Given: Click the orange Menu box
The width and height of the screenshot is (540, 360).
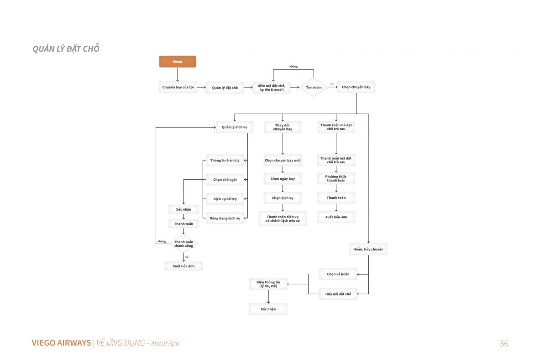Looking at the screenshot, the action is (178, 62).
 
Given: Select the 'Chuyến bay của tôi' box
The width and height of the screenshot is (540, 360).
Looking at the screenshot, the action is (178, 87).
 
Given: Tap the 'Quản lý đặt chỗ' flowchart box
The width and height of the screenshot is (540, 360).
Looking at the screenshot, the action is (225, 88).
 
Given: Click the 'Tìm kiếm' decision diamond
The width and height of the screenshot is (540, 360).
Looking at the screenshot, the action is (314, 88).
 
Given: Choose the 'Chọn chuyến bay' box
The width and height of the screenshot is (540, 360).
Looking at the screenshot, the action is (356, 87).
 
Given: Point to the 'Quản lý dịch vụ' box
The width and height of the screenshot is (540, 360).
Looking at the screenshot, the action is (235, 127).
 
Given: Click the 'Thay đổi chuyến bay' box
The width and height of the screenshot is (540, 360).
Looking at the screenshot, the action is (283, 127).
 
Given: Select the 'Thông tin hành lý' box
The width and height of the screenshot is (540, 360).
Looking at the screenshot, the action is (225, 161).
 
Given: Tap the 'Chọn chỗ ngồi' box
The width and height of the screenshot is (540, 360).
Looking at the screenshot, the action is (225, 180).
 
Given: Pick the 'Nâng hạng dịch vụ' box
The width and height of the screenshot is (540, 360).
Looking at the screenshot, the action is (225, 218).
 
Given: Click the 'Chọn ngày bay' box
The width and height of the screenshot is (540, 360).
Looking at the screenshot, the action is (283, 178).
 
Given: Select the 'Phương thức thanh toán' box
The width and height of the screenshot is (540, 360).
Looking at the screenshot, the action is (336, 178).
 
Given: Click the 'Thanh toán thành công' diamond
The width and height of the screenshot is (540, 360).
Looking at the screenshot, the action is (183, 244).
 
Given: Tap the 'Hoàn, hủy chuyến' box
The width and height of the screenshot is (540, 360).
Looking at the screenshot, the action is (368, 249).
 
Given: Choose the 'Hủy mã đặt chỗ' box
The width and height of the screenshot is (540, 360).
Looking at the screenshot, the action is (338, 294).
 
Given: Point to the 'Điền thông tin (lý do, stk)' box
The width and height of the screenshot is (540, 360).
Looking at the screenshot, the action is (268, 284).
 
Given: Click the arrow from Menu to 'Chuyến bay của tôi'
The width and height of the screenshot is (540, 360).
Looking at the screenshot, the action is (178, 74).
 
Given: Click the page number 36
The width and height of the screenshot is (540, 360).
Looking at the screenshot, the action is (504, 344).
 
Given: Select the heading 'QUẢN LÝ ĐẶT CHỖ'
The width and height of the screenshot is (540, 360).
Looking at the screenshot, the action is (66, 48).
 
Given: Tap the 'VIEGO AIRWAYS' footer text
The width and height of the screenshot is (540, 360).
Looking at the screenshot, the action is (61, 343).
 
